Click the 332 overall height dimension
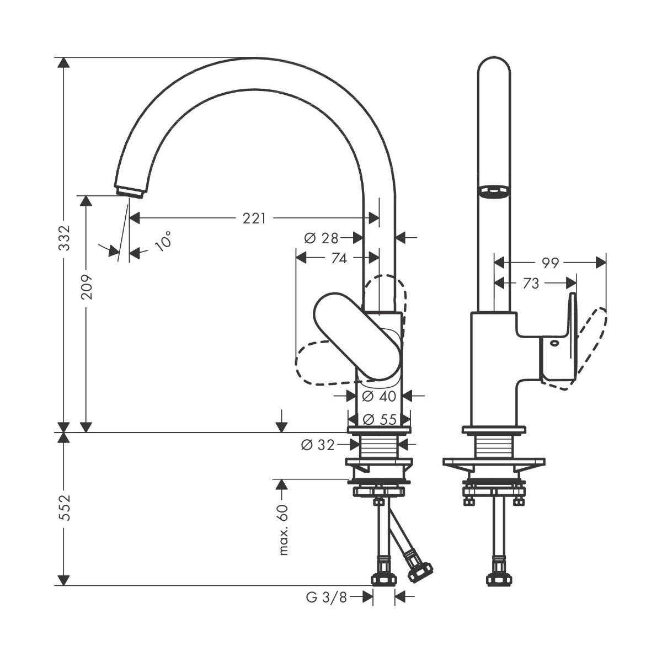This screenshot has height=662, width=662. click(x=65, y=238)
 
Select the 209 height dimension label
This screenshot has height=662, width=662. click(x=86, y=287)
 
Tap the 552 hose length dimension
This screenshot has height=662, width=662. click(x=65, y=508)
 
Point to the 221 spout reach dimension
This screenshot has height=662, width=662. click(x=254, y=218)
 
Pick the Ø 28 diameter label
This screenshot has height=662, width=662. click(x=321, y=238)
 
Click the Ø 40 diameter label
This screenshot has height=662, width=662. click(x=379, y=396)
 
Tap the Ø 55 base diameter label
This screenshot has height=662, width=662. click(x=379, y=419)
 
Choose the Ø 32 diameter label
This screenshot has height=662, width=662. click(x=318, y=444)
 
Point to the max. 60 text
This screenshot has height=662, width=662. click(x=283, y=530)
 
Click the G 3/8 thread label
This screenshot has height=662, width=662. click(x=326, y=596)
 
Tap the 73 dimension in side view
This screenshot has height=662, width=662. click(x=530, y=284)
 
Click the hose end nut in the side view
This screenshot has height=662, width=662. click(x=498, y=579)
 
